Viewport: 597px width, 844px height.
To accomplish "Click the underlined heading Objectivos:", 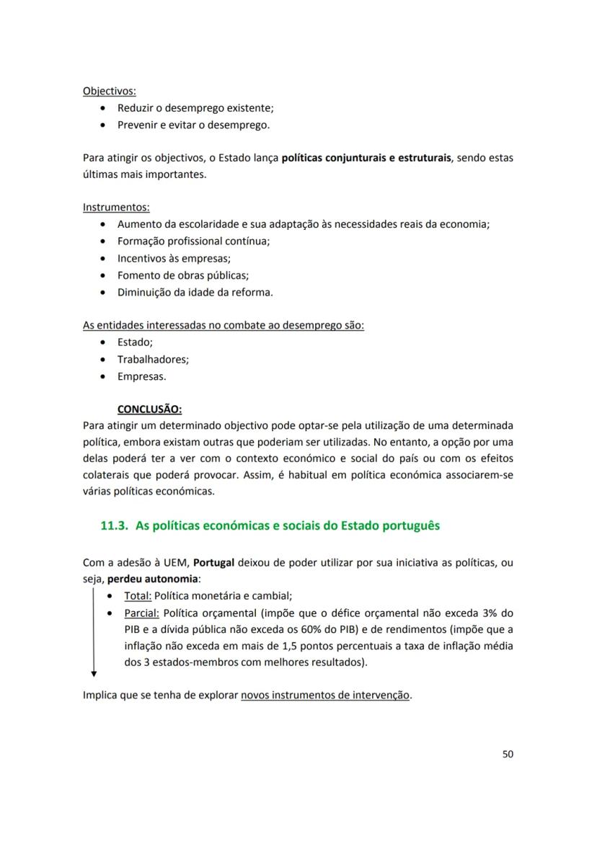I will click(x=110, y=92).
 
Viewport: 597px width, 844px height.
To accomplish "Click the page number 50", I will click(x=508, y=754).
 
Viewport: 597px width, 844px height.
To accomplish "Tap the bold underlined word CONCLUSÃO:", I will click(x=150, y=409).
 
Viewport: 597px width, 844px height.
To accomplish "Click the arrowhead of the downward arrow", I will click(x=94, y=673).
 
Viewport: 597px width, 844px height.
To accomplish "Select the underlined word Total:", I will click(x=138, y=596).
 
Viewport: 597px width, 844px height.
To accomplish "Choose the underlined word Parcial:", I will click(x=141, y=613).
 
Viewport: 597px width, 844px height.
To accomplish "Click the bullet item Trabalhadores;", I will click(x=153, y=359).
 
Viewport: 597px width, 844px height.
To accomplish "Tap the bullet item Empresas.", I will click(x=142, y=376).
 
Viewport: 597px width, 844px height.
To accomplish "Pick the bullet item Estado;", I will click(x=135, y=342).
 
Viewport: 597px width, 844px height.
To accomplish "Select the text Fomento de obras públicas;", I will click(x=183, y=275).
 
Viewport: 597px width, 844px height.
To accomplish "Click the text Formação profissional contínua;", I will click(x=193, y=241).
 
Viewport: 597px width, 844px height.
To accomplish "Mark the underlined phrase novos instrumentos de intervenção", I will click(x=325, y=696).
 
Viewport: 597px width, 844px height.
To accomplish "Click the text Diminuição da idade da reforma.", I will click(x=195, y=292).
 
